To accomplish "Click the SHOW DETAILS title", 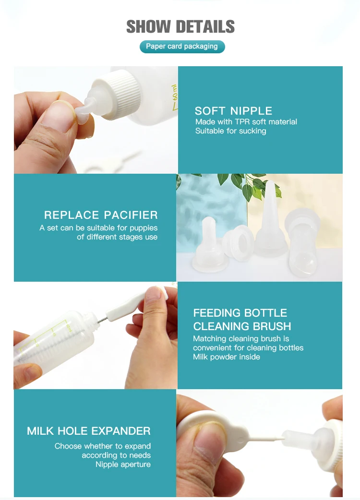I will point(180,26).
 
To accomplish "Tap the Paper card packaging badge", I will point(182,47).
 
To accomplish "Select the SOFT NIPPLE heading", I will point(233,111).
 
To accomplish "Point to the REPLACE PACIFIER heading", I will point(101,215).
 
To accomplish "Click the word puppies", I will point(144,228).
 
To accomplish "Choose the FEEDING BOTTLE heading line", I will point(240,313).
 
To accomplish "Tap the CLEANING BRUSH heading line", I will point(242,327).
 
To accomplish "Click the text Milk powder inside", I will point(227,357).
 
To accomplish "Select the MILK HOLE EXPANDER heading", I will point(89,431).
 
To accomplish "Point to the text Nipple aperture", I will point(123,464).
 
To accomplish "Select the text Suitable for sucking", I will point(230,131).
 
